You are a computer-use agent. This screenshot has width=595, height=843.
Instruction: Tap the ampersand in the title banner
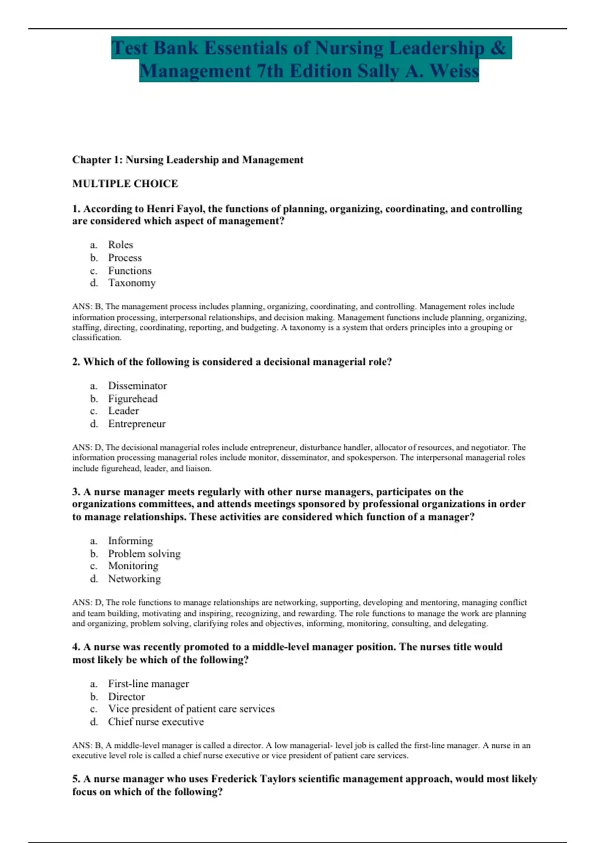(499, 48)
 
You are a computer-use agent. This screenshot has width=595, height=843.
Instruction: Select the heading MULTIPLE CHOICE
(125, 183)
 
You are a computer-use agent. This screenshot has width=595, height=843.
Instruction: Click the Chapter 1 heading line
(187, 160)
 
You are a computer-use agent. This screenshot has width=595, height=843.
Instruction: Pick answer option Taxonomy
(132, 283)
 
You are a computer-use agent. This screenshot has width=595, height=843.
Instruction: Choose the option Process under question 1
(125, 258)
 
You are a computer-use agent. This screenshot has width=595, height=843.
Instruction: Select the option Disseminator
(137, 386)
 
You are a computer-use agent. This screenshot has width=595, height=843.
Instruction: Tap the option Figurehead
(133, 399)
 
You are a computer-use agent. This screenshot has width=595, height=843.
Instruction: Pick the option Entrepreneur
(137, 424)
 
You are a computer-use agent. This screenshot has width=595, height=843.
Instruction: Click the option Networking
(134, 579)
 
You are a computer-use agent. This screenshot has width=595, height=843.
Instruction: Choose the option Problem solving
(144, 554)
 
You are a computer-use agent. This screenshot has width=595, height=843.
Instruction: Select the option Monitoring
(133, 566)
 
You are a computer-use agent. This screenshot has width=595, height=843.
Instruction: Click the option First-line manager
(148, 684)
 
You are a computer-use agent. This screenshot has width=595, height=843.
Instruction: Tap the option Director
(126, 697)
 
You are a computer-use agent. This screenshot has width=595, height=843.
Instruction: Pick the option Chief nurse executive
(156, 722)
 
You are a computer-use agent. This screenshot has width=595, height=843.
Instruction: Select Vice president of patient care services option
(191, 709)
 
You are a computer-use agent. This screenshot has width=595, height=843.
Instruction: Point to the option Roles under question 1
(120, 245)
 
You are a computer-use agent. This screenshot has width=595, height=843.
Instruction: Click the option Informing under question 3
(130, 541)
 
